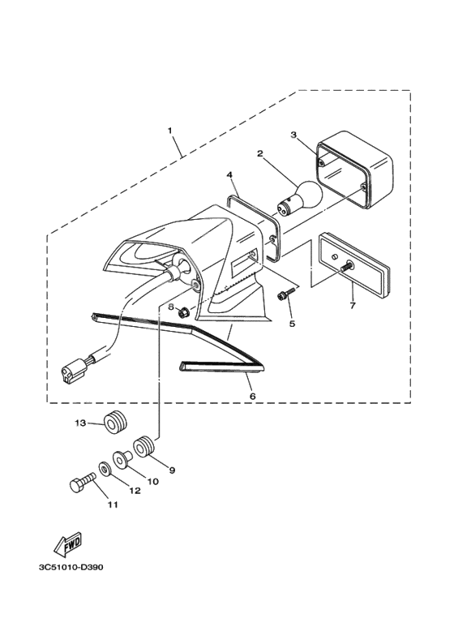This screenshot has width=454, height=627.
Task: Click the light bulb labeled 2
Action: tap(301, 198)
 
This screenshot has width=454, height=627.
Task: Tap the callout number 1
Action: tap(170, 131)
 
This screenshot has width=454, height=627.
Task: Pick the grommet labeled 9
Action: tap(143, 447)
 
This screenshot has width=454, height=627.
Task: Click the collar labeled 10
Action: tap(122, 459)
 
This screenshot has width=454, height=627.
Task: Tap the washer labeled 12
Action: tap(105, 469)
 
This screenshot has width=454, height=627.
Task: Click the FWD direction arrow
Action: tap(68, 545)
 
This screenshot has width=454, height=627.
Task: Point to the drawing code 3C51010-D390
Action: tap(71, 568)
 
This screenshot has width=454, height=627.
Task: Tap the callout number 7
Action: tap(353, 306)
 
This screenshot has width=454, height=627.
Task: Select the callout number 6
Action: tap(252, 396)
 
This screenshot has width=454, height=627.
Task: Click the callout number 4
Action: tap(229, 174)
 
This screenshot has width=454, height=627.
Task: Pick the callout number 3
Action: tap(293, 135)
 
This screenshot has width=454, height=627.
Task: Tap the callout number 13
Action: tap(80, 423)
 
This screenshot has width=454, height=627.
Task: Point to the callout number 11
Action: tap(113, 505)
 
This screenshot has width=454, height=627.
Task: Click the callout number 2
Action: tap(259, 153)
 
